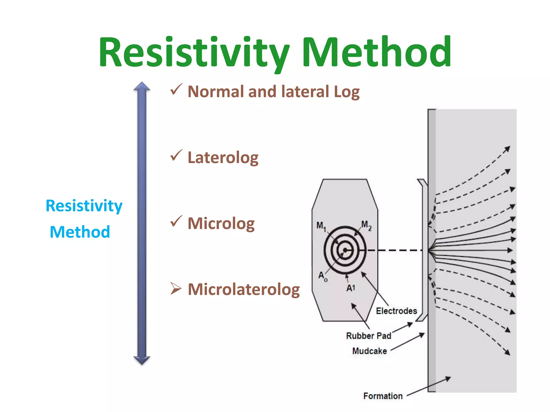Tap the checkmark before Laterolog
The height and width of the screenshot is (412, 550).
click(x=176, y=156)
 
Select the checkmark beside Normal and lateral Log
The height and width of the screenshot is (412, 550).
click(x=176, y=90)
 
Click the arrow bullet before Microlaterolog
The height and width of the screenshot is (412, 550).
click(x=176, y=289)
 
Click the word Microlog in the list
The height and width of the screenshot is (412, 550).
click(x=221, y=223)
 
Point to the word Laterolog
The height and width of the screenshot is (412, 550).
click(x=223, y=157)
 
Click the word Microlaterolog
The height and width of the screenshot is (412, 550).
click(x=244, y=289)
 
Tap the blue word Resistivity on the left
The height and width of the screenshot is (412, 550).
click(x=84, y=206)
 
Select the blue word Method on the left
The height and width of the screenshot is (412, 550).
click(x=80, y=232)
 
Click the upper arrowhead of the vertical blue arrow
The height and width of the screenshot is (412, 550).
click(x=142, y=86)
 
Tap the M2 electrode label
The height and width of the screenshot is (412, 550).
click(x=366, y=225)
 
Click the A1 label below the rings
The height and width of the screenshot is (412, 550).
click(x=351, y=288)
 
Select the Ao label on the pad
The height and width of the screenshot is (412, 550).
click(x=323, y=276)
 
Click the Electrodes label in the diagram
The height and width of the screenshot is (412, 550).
click(x=396, y=311)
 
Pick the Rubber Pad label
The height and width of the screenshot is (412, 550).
click(x=368, y=336)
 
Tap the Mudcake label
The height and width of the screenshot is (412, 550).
click(x=370, y=351)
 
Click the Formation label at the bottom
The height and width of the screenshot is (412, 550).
click(x=383, y=396)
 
